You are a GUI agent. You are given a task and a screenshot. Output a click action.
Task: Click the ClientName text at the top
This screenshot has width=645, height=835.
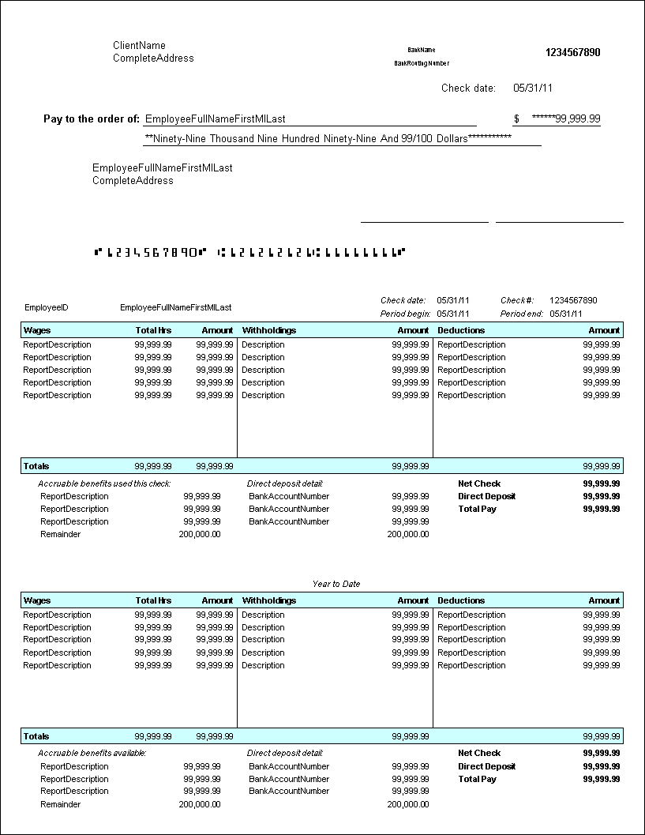click(139, 46)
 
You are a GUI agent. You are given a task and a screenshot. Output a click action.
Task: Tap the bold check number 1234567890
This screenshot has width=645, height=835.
click(572, 53)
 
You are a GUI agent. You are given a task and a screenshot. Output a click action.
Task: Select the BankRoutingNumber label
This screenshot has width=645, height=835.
click(422, 63)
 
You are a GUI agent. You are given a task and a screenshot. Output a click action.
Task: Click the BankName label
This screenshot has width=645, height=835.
click(422, 50)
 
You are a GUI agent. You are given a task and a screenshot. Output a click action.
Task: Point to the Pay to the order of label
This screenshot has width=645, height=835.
click(92, 119)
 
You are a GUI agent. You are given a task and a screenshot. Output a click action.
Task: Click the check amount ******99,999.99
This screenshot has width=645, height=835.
click(566, 119)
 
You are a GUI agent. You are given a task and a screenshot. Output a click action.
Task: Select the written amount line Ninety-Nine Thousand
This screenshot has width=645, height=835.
click(328, 138)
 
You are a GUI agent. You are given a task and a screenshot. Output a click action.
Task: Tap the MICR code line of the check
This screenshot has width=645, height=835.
click(249, 253)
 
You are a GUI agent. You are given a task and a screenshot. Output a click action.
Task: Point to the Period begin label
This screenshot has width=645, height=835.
click(405, 314)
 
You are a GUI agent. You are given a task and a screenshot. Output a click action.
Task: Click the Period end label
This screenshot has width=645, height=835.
click(521, 314)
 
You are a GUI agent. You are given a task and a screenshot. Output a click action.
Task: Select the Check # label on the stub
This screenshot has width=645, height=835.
click(517, 300)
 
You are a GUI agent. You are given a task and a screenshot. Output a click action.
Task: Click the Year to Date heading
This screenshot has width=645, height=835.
click(336, 584)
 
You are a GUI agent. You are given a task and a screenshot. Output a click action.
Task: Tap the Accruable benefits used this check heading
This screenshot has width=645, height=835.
click(104, 483)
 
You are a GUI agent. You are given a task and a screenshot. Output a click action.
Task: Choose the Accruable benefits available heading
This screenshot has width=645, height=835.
click(92, 753)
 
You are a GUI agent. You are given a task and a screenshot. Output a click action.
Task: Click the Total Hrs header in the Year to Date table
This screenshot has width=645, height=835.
click(153, 600)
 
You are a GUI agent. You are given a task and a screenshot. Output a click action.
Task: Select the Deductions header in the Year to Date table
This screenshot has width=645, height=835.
click(461, 600)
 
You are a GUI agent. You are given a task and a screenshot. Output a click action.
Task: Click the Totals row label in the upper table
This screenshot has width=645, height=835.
click(36, 466)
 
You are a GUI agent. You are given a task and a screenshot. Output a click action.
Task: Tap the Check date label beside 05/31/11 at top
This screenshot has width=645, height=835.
click(468, 88)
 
